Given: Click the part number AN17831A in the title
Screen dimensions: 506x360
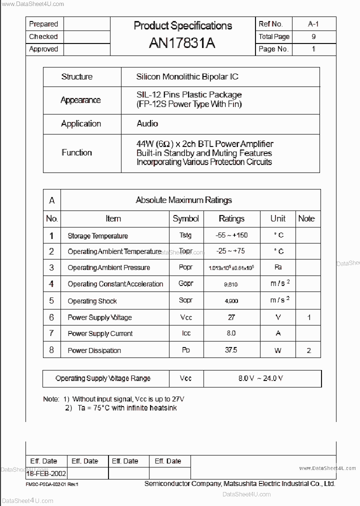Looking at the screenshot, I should pyautogui.click(x=182, y=43).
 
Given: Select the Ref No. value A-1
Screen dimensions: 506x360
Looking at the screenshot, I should pyautogui.click(x=313, y=24).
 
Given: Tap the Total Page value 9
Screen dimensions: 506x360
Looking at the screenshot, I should pyautogui.click(x=313, y=36).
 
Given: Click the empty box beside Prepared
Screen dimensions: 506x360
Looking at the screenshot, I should pyautogui.click(x=86, y=24).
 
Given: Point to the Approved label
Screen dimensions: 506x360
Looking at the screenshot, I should pyautogui.click(x=43, y=49).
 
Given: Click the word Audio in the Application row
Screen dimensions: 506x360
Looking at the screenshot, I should pyautogui.click(x=147, y=123).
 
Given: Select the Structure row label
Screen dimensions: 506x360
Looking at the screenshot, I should pyautogui.click(x=76, y=77).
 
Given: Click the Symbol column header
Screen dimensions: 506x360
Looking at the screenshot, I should pyautogui.click(x=185, y=218).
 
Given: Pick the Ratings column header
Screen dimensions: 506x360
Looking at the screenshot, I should pyautogui.click(x=231, y=218).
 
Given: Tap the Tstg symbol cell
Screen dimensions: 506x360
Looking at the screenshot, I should pyautogui.click(x=185, y=235).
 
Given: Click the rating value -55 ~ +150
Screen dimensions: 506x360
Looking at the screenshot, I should pyautogui.click(x=231, y=235).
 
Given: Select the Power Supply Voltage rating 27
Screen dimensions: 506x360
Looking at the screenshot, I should pyautogui.click(x=231, y=317).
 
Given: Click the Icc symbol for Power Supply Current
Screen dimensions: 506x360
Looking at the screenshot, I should pyautogui.click(x=185, y=333).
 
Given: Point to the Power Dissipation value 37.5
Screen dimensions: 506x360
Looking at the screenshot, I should pyautogui.click(x=231, y=350).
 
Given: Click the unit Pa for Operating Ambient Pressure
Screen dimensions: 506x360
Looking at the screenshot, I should pyautogui.click(x=278, y=267).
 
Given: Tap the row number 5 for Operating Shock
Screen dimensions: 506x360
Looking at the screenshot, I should pyautogui.click(x=51, y=300).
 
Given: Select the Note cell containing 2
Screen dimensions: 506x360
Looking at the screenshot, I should pyautogui.click(x=308, y=350).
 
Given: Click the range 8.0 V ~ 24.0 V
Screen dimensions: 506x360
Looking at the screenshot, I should pyautogui.click(x=260, y=378).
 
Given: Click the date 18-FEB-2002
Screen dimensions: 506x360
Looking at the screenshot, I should pyautogui.click(x=46, y=473).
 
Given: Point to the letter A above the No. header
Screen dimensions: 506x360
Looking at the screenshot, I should pyautogui.click(x=51, y=200).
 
